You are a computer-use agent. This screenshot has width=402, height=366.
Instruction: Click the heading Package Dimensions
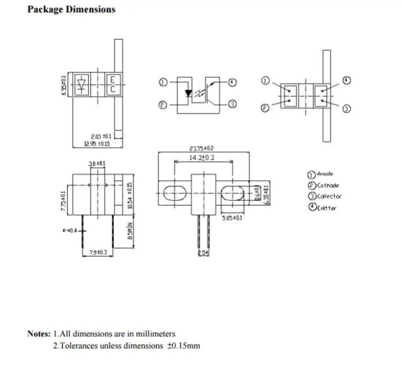[x=71, y=10]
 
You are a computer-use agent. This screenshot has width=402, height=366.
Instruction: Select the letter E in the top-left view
[x=113, y=80]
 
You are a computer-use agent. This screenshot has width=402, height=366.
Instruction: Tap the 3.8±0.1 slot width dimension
[x=97, y=164]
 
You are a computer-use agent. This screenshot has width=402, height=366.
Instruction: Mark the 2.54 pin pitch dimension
[x=203, y=253]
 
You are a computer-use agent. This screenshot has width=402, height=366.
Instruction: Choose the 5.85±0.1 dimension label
[x=232, y=218]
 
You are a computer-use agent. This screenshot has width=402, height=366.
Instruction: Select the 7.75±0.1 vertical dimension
[x=64, y=201]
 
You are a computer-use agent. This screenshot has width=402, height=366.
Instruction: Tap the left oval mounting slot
[x=173, y=193]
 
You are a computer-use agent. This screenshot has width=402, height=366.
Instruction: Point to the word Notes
[x=39, y=333]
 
